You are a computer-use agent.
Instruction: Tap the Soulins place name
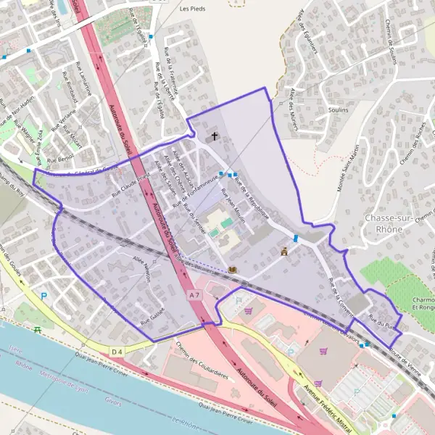click(338, 109)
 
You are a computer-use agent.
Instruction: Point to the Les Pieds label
click(191, 9)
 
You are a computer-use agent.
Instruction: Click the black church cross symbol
click(214, 136)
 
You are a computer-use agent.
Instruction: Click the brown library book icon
click(232, 270)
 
